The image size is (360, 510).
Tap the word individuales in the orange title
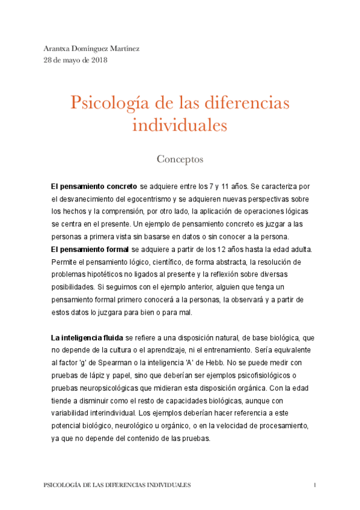pyautogui.click(x=180, y=126)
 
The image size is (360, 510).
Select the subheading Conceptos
pyautogui.click(x=180, y=159)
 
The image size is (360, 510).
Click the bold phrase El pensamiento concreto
pyautogui.click(x=94, y=187)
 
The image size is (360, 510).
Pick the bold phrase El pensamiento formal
pyautogui.click(x=90, y=249)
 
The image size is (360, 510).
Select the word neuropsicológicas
pyautogui.click(x=111, y=389)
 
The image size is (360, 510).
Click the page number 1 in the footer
pyautogui.click(x=314, y=484)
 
